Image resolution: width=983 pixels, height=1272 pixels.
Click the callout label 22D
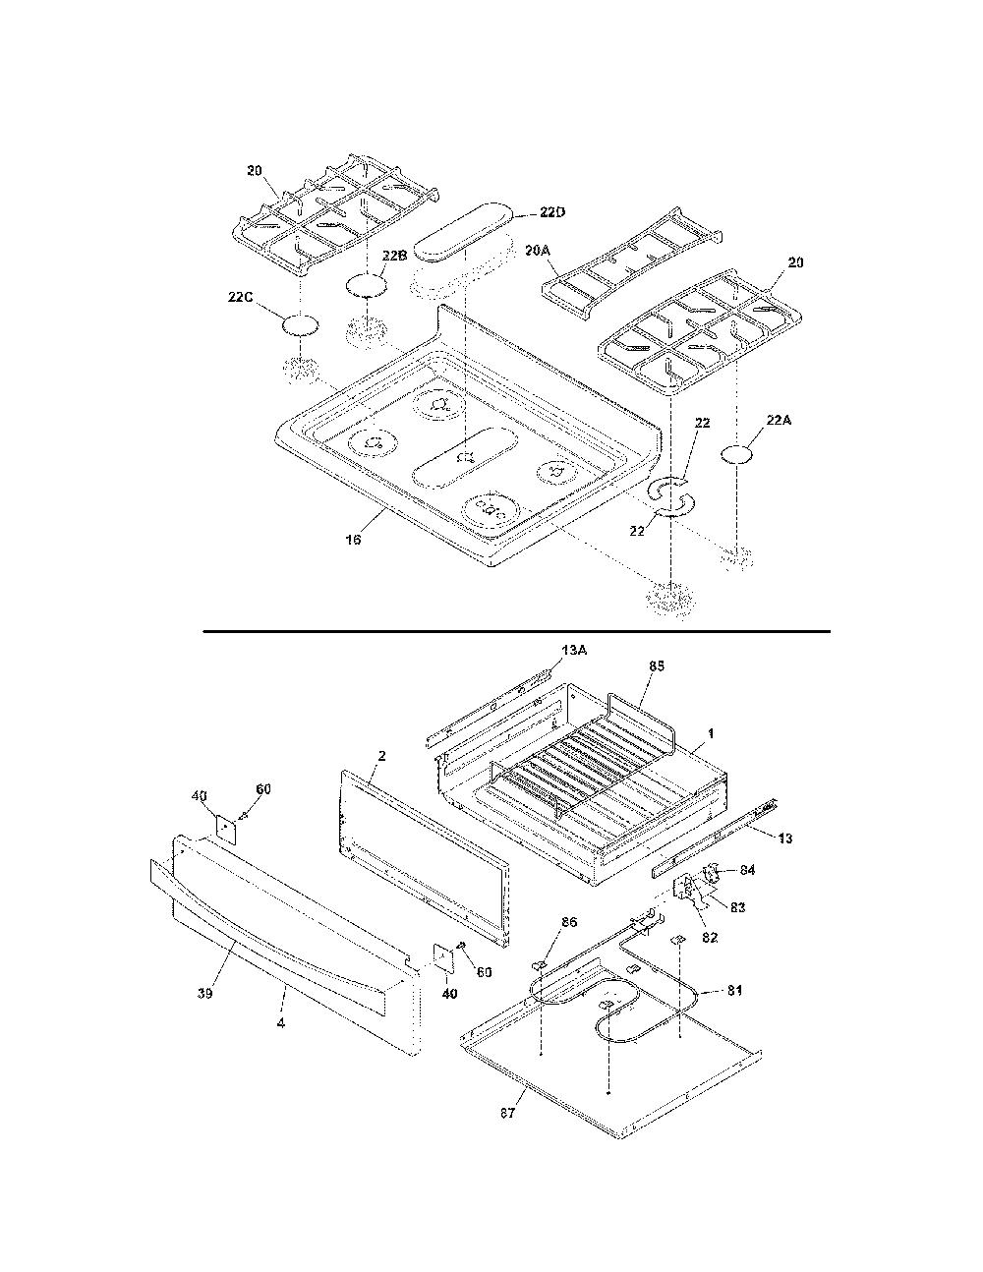pyautogui.click(x=552, y=212)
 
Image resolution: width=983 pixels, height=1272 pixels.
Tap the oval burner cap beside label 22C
pyautogui.click(x=302, y=325)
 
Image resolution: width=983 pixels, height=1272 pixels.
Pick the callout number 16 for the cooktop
pyautogui.click(x=353, y=539)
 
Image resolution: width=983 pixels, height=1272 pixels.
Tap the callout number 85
pyautogui.click(x=657, y=666)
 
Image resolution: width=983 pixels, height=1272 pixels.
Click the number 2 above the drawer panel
pyautogui.click(x=381, y=756)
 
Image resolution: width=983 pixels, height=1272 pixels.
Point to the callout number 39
pyautogui.click(x=204, y=994)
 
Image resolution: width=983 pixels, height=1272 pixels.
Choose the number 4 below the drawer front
pyautogui.click(x=281, y=1024)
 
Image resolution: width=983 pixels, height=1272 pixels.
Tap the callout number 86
pyautogui.click(x=569, y=922)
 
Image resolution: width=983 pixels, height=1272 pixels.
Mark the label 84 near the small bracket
pyautogui.click(x=747, y=870)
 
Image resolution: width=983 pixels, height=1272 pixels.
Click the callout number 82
pyautogui.click(x=709, y=938)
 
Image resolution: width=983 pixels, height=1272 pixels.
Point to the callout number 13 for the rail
pyautogui.click(x=785, y=838)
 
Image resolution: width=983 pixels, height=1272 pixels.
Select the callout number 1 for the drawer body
pyautogui.click(x=711, y=733)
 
